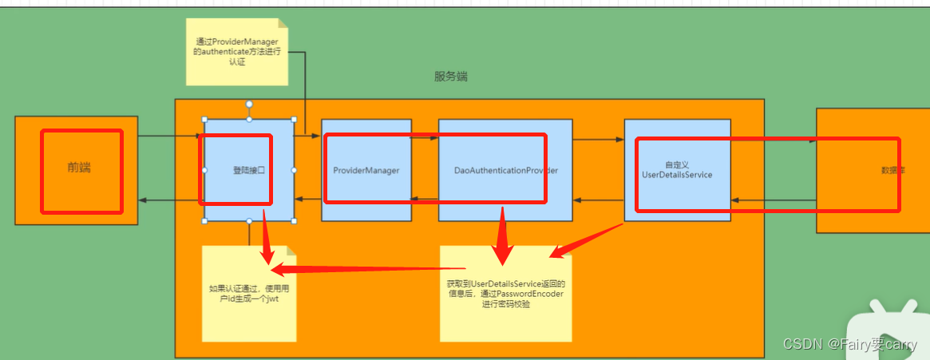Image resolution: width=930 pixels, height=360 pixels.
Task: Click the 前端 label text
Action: click(x=79, y=168)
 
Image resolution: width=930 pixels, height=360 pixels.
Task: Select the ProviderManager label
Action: click(x=366, y=170)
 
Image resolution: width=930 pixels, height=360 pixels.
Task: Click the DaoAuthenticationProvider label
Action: click(x=505, y=170)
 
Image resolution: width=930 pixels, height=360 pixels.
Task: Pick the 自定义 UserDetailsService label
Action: click(x=676, y=169)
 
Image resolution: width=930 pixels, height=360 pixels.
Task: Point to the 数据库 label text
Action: click(x=892, y=170)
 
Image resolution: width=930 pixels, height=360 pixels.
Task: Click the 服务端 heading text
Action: click(x=451, y=77)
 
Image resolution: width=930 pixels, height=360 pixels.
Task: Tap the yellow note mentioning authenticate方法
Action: click(x=237, y=52)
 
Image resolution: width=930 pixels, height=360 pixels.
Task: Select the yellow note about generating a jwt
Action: click(x=249, y=294)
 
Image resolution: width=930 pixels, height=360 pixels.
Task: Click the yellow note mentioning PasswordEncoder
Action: click(x=505, y=294)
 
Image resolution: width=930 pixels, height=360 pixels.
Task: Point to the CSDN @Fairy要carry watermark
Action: click(x=849, y=345)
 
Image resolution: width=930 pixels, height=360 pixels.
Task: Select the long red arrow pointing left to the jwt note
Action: click(x=367, y=270)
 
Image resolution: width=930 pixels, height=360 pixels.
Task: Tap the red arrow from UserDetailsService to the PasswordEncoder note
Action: click(x=587, y=239)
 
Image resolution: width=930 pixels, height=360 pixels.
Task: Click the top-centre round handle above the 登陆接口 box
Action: click(x=249, y=104)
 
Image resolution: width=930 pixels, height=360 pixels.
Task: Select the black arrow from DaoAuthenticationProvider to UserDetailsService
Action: click(x=598, y=140)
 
